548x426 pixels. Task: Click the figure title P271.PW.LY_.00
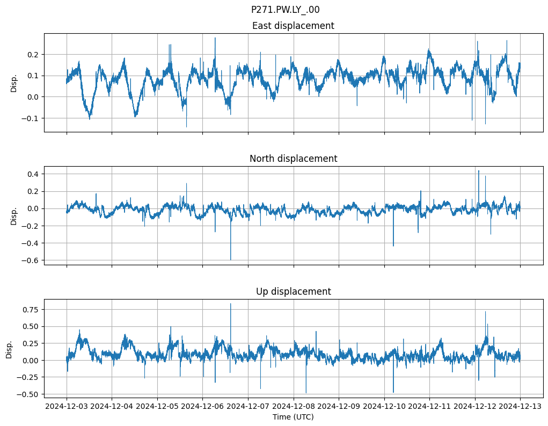tap(285, 10)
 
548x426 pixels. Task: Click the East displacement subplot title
tap(293, 26)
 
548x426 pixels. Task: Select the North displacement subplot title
tap(293, 159)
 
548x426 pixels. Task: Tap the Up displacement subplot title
tap(293, 292)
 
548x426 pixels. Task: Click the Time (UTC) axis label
tap(293, 416)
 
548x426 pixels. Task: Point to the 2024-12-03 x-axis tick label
tap(67, 406)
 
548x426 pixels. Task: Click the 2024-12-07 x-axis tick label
tap(248, 406)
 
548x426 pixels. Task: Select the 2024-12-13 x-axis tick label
tap(520, 406)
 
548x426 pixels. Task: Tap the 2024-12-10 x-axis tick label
tap(384, 406)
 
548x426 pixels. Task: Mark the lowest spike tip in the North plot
tap(231, 260)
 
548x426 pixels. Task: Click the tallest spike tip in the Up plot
tap(231, 304)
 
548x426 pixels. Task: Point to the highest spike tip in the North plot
tap(479, 171)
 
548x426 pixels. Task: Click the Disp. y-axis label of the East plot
tap(14, 83)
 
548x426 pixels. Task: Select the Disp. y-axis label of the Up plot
tap(9, 349)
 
